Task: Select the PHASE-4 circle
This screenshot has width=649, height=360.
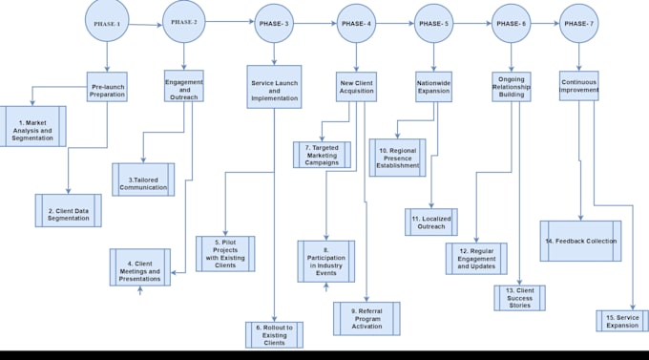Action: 355,23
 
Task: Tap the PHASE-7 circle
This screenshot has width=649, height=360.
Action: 578,23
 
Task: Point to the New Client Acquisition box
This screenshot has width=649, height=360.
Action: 357,89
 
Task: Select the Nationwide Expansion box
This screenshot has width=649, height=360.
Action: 432,88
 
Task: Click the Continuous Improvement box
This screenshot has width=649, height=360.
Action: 578,87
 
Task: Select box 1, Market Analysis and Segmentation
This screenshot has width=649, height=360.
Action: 33,132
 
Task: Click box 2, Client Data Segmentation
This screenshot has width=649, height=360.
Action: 69,210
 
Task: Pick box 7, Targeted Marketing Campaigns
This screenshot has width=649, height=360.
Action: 323,155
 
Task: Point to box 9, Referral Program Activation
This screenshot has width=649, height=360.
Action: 366,318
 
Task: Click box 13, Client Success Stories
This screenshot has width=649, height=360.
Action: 519,297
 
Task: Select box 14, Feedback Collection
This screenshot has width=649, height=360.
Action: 580,241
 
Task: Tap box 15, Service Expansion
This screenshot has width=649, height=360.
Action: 622,321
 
